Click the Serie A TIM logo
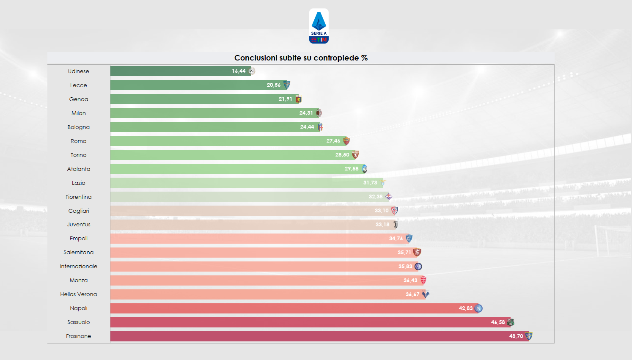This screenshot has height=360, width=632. (x=319, y=26)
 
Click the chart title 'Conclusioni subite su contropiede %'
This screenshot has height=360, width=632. (x=301, y=58)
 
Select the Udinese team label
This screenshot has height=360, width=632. (x=79, y=71)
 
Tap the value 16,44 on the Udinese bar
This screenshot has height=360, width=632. (x=239, y=71)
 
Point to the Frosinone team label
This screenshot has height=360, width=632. (x=79, y=336)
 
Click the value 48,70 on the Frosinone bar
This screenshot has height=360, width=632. (x=516, y=336)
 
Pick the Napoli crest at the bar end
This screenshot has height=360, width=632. (x=478, y=308)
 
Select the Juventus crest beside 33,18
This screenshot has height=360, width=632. (x=395, y=225)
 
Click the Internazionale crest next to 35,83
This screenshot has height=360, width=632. (x=418, y=267)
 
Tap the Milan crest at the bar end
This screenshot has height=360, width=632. (x=319, y=113)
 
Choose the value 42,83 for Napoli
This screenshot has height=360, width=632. (x=465, y=308)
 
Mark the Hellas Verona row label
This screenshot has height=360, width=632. (x=79, y=294)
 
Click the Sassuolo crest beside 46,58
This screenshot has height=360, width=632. (x=511, y=322)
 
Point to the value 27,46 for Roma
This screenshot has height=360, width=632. (x=333, y=141)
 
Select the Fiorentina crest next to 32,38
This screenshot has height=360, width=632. (x=388, y=197)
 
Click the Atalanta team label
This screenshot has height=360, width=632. (x=79, y=169)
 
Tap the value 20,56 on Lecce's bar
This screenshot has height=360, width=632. (x=273, y=85)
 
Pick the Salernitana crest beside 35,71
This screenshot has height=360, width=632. (x=417, y=253)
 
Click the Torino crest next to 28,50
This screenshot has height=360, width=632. (x=355, y=155)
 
